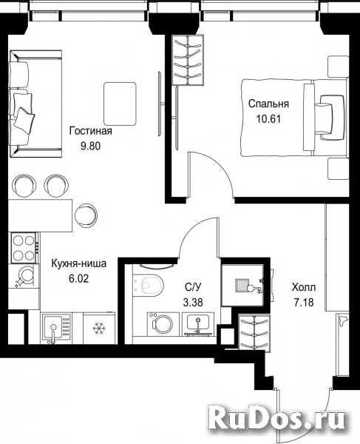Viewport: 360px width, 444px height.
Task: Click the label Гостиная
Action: pos(91,131)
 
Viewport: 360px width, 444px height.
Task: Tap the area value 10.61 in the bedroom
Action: pos(268,118)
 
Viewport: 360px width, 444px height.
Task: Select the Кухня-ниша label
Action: pos(79,263)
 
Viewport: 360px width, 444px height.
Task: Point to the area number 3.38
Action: pos(193,303)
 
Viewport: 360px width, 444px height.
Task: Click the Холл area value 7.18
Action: pos(304,303)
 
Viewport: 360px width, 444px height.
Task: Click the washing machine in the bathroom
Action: pos(163,324)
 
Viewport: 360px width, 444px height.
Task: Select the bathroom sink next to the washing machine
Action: pos(198,324)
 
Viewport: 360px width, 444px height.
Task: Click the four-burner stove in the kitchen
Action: pos(24,248)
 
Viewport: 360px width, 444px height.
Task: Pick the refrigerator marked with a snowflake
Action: pos(99,328)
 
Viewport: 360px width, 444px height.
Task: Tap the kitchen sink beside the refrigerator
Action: pos(56,329)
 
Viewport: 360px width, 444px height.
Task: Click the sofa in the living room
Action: pos(35,104)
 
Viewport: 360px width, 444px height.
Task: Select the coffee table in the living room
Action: pos(120,104)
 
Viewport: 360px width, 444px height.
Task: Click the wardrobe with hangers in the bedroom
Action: pos(188,60)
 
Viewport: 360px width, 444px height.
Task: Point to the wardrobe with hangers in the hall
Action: pos(254,332)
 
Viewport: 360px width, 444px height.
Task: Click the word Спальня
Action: pos(268,104)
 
